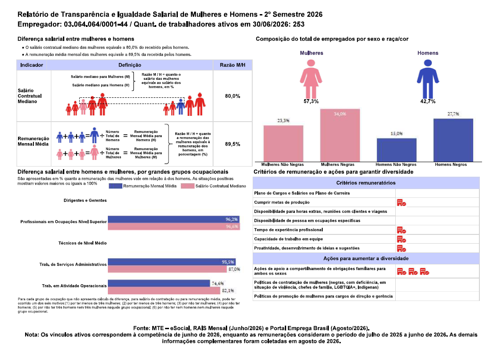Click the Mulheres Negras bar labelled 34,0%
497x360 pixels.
tap(340, 135)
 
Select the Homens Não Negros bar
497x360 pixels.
tap(397, 150)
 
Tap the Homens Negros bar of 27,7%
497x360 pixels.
tap(453, 140)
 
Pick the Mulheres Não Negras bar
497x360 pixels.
tap(283, 144)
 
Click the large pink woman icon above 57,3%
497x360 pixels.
tap(311, 79)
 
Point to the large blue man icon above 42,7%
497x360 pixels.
tap(428, 79)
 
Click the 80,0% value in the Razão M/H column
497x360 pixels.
tap(232, 96)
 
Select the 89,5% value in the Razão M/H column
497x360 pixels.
tap(232, 144)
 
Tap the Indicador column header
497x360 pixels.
tap(32, 65)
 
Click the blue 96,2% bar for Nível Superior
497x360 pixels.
tap(173, 219)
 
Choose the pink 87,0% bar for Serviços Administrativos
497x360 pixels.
tap(167, 269)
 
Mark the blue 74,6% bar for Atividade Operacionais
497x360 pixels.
tap(159, 283)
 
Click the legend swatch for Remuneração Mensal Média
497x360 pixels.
tap(115, 186)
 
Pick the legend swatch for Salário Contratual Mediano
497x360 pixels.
tap(188, 186)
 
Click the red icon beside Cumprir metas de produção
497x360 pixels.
tap(401, 203)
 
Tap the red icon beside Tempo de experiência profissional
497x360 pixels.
tap(401, 230)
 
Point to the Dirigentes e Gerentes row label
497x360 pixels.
tap(85, 200)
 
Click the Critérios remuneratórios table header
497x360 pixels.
tap(366, 183)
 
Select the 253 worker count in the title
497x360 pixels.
tap(298, 24)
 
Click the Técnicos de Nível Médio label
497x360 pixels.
tap(82, 243)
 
